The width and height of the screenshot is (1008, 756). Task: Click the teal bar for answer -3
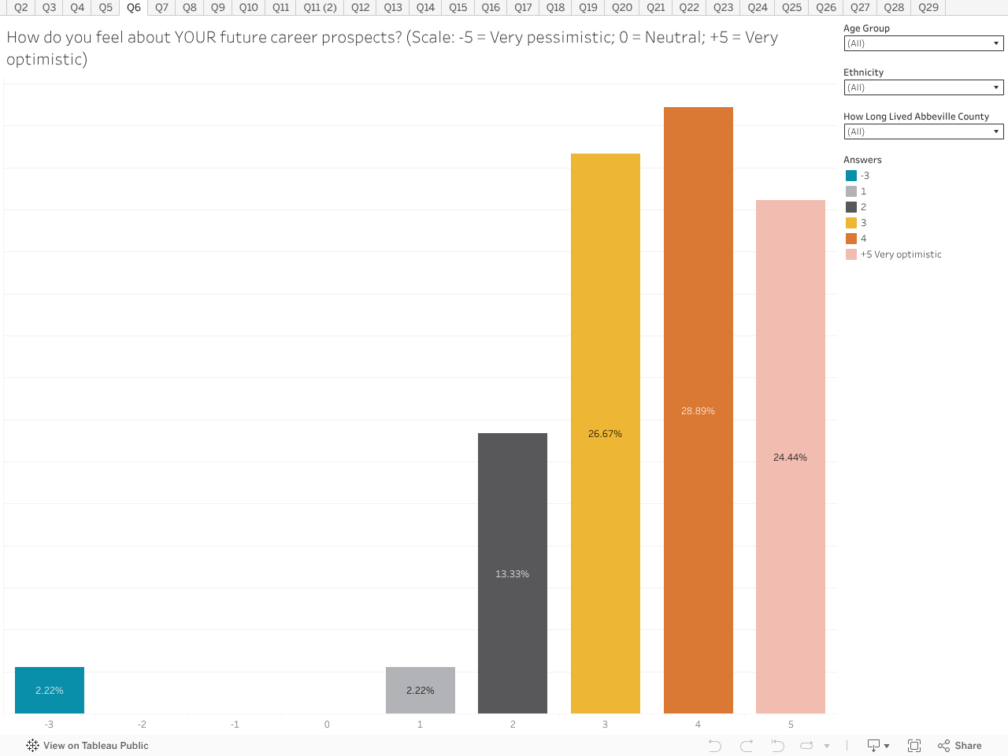49,690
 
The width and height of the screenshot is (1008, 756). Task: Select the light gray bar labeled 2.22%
420,690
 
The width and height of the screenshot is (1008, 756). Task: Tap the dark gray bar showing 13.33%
512,573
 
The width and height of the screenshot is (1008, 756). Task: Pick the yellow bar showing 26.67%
605,433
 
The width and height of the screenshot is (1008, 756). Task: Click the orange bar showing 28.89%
698,410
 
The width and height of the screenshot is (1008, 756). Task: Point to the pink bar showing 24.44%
790,457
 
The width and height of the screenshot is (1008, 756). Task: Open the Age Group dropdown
923,44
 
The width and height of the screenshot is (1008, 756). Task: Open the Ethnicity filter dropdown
923,88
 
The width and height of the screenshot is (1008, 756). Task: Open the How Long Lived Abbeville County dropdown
923,132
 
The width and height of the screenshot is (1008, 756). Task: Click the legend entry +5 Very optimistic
900,254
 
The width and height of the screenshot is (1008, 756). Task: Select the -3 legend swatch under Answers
851,176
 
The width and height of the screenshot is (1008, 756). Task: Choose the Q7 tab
161,7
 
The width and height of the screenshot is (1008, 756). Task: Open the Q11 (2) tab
320,7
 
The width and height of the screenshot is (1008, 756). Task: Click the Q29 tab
928,7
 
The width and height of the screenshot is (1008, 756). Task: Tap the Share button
960,746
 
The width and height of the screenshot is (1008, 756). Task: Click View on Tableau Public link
87,746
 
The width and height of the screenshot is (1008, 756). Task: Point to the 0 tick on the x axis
327,724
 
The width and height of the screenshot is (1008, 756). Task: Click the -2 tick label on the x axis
142,724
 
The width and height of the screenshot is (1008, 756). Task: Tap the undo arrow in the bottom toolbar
714,746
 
